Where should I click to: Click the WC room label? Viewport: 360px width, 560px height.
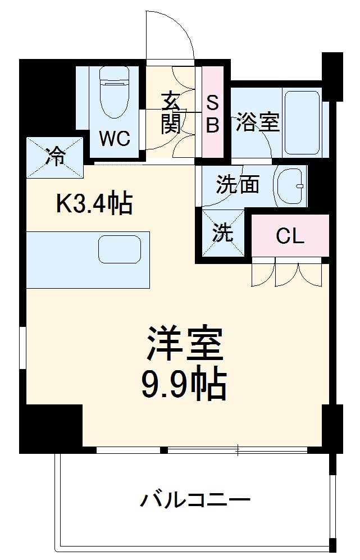tap(115, 138)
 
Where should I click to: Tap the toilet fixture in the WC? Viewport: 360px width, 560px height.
tap(115, 93)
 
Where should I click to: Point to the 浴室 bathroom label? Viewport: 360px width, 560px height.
tap(258, 122)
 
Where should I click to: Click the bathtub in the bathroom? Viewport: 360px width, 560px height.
tap(302, 121)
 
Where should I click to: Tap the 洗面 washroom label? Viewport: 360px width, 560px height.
tap(238, 184)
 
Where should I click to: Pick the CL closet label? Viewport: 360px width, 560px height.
tap(289, 236)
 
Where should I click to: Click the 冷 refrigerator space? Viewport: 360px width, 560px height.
tap(55, 156)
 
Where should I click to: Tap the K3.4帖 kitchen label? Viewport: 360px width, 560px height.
tap(94, 204)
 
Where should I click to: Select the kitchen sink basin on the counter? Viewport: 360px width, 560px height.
tap(119, 249)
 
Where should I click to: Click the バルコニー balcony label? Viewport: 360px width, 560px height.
tap(195, 499)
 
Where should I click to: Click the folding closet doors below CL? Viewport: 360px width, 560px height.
tap(286, 273)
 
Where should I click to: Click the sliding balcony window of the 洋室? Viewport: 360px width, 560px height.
tap(237, 450)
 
